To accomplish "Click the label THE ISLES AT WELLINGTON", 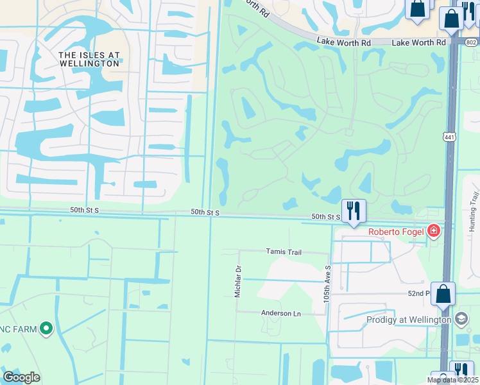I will [x=89, y=59].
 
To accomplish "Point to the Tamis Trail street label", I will [x=284, y=252].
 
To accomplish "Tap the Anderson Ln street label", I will [x=280, y=313].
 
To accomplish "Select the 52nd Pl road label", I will [x=418, y=293].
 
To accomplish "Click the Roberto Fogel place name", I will [x=395, y=232].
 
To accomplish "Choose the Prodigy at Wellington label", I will [x=409, y=320].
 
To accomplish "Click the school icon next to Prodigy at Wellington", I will [x=461, y=319].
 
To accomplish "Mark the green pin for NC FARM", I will [x=46, y=329].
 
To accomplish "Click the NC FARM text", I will [x=17, y=329].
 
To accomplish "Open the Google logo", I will [x=21, y=377].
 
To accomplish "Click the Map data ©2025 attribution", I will [x=452, y=380].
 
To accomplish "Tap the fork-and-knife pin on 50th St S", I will [x=354, y=210].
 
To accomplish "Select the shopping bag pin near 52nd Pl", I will [x=443, y=295].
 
